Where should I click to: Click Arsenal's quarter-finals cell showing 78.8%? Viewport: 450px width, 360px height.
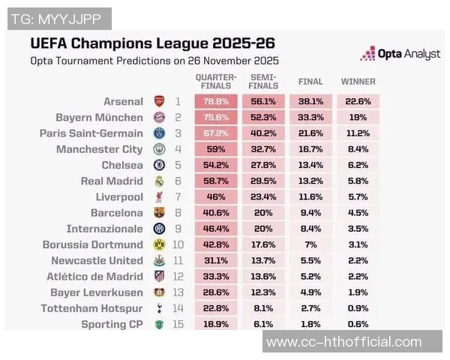coord(216,101)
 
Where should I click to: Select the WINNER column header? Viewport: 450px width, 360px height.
coord(358,81)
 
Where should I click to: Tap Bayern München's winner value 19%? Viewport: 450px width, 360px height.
coord(358,118)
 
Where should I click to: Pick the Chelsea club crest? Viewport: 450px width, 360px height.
coord(159,165)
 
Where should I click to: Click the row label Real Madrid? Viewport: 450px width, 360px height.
coord(111,181)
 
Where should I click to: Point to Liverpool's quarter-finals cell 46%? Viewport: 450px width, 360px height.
coord(216,197)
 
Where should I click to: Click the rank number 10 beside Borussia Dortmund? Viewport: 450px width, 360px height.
coord(178,244)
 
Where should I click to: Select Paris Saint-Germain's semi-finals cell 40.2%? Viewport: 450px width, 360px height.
coord(262,133)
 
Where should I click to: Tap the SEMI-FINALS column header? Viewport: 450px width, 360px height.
coord(262,81)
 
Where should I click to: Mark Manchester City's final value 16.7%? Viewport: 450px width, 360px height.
coord(310,149)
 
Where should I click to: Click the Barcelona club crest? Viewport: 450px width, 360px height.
coord(159,213)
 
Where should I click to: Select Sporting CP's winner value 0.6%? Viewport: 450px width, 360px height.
coord(358,324)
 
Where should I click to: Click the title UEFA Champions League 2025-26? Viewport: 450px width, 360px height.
coord(151,42)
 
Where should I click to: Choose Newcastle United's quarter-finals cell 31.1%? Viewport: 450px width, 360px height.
coord(216,260)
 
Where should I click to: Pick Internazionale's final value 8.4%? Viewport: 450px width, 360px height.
coord(310,229)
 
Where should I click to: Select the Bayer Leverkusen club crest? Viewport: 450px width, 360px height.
coord(159,292)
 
